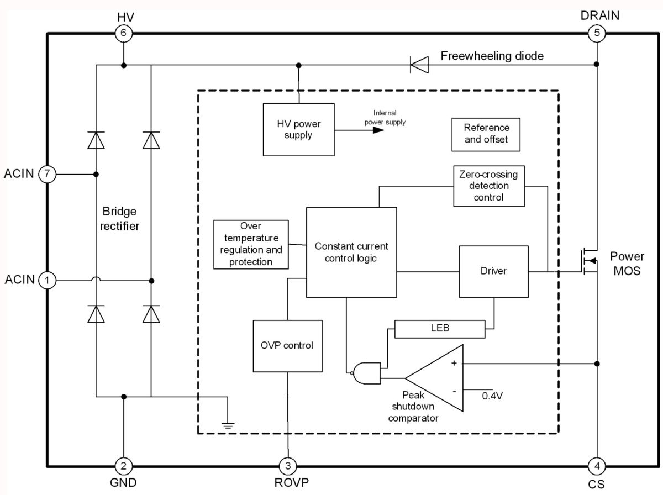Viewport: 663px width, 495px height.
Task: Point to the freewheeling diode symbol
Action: [x=419, y=65]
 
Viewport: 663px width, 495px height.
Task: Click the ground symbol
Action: [x=228, y=425]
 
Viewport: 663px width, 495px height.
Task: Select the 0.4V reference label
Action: [x=492, y=396]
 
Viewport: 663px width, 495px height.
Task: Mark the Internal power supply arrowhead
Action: [x=378, y=130]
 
